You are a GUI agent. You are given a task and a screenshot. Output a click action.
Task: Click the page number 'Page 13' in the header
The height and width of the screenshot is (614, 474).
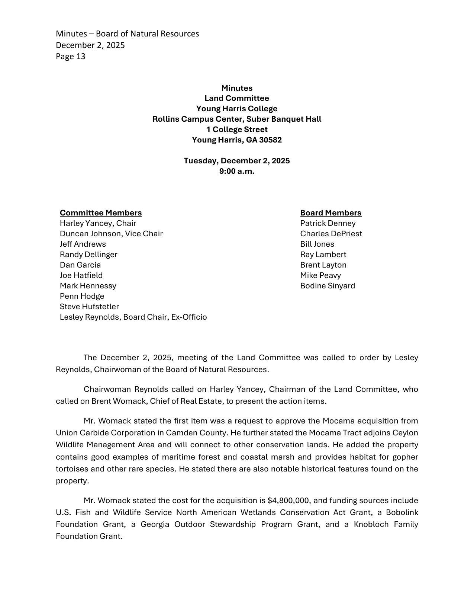pos(71,57)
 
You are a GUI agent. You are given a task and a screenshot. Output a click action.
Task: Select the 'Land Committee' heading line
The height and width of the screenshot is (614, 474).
pos(237,98)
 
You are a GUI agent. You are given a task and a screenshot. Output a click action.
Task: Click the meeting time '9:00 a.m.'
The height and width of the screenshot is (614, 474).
pos(237,171)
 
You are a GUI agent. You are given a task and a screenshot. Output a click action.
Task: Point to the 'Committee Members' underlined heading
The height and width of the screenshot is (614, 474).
pos(101,213)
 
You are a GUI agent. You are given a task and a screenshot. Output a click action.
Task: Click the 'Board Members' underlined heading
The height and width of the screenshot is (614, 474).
pos(330,213)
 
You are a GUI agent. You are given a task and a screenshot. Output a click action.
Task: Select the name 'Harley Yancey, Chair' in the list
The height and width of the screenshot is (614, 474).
pos(98,223)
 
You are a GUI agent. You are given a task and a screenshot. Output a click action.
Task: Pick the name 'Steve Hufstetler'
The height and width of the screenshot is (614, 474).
pos(89,307)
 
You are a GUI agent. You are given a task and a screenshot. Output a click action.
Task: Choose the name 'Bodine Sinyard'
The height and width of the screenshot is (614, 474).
pos(328,286)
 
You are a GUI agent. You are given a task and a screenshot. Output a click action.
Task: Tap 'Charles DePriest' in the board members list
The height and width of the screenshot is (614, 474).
pos(331,234)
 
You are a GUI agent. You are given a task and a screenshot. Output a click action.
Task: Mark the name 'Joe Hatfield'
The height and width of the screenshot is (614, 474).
pos(81,275)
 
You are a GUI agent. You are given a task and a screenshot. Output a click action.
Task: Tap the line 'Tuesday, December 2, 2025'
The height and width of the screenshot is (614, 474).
pos(237,161)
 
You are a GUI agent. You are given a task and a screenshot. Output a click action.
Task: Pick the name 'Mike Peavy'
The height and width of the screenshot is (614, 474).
pos(320,275)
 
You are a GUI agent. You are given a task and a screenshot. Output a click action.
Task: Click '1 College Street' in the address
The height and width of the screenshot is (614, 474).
pos(237,129)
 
